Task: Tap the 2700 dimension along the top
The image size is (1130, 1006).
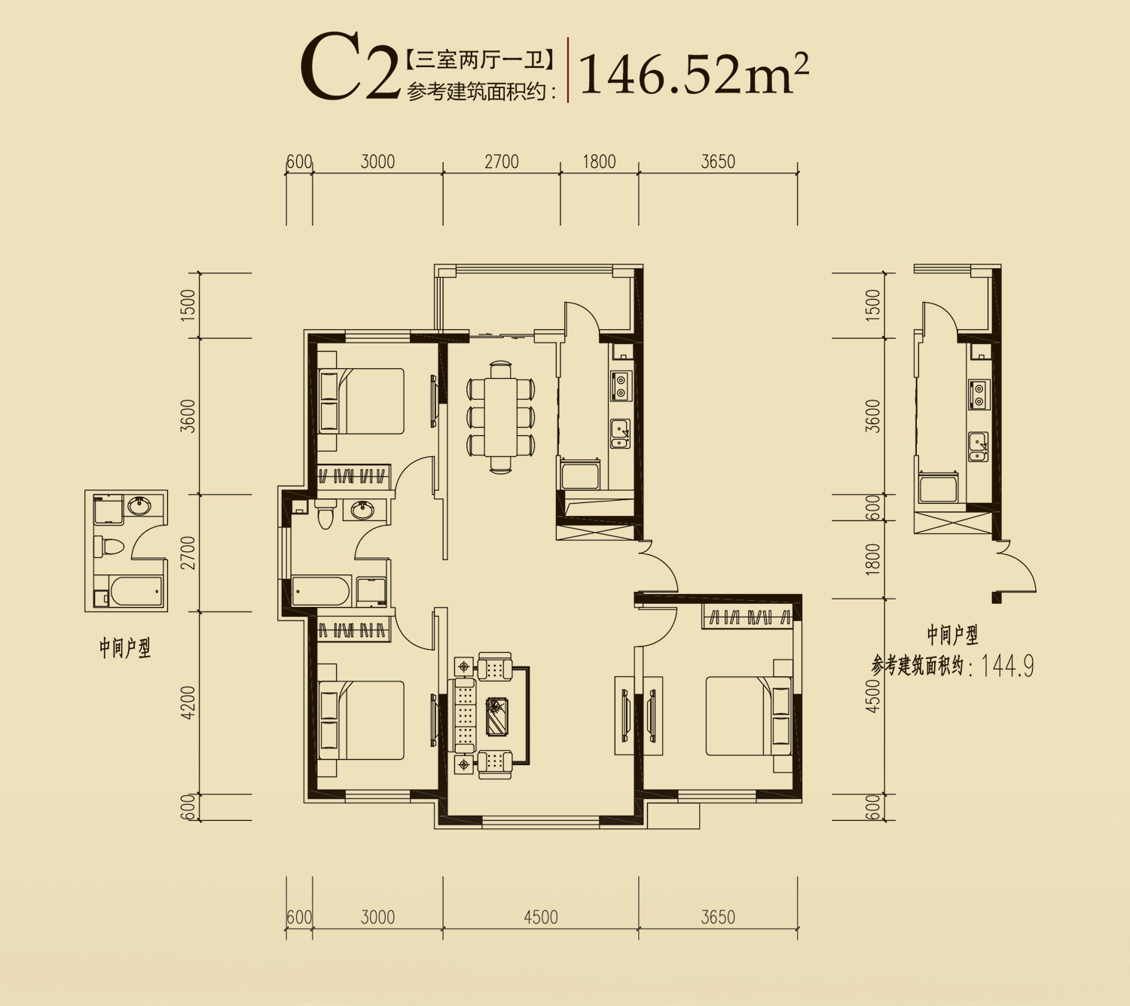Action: (x=502, y=162)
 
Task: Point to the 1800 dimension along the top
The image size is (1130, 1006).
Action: (x=599, y=162)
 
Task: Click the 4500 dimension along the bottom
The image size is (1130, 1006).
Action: (x=540, y=917)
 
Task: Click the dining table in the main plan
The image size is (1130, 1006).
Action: (x=500, y=418)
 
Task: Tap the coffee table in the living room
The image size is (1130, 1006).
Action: (x=496, y=715)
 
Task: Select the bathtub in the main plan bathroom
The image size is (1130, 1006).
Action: (x=321, y=590)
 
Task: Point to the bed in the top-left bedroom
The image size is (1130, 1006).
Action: (x=361, y=401)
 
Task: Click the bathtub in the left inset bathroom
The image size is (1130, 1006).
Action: (x=136, y=591)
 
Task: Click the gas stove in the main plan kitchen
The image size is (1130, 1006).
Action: (x=620, y=386)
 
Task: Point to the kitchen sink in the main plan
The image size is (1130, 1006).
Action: (x=620, y=433)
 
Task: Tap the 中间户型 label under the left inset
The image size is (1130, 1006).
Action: (x=124, y=648)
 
